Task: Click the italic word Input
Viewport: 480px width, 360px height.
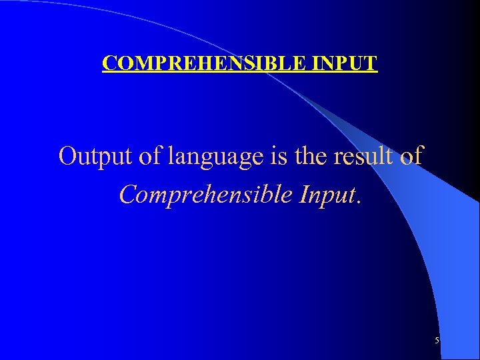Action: (x=328, y=195)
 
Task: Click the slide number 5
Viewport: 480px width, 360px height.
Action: (x=437, y=341)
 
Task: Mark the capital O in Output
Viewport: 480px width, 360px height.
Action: (x=67, y=157)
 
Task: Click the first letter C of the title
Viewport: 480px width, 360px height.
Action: (x=109, y=63)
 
